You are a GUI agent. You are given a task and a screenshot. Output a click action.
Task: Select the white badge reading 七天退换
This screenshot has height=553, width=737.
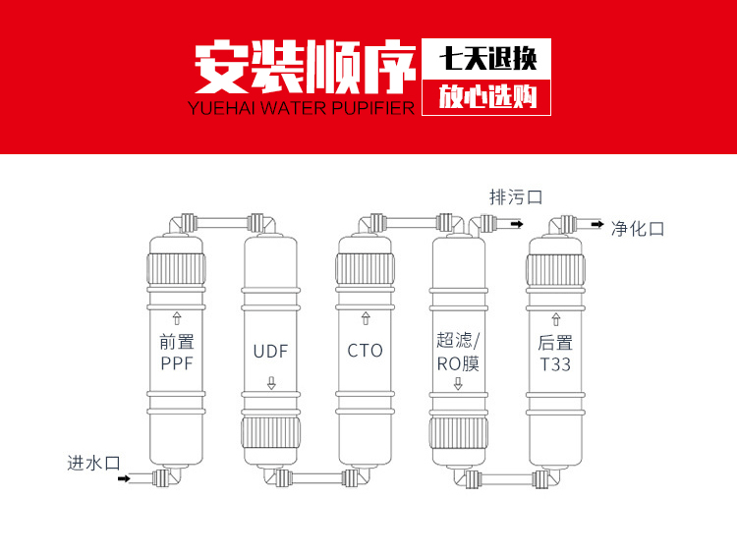486,59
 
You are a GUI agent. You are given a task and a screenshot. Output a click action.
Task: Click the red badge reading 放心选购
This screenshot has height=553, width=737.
486,97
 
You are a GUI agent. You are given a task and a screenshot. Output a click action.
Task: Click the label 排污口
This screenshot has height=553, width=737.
516,196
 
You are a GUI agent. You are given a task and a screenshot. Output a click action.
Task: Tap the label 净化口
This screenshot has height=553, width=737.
638,228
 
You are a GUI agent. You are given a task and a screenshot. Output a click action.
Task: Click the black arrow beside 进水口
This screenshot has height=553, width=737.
124,479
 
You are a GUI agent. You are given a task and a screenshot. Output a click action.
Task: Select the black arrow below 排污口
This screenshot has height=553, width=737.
515,225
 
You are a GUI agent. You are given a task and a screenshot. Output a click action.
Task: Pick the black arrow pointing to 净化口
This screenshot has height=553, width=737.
596,225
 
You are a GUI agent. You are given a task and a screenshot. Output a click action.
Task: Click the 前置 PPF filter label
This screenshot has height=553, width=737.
178,352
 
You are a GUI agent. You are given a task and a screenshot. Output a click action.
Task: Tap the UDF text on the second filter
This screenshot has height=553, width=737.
270,351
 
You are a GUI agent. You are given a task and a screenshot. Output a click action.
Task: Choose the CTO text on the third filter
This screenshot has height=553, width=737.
365,350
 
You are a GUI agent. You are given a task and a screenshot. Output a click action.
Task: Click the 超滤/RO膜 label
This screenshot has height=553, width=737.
459,351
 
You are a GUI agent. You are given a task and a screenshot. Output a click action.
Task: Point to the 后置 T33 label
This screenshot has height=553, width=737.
555,353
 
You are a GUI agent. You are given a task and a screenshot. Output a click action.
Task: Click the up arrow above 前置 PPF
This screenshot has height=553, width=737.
178,317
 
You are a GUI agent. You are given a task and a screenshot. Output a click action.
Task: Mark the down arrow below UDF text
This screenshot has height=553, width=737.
271,383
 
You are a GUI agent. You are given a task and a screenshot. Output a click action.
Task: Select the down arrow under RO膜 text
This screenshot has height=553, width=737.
459,383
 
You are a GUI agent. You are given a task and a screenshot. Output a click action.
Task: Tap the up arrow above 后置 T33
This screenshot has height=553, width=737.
556,318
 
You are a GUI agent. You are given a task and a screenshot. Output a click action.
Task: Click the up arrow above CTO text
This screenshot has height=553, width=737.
366,318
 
